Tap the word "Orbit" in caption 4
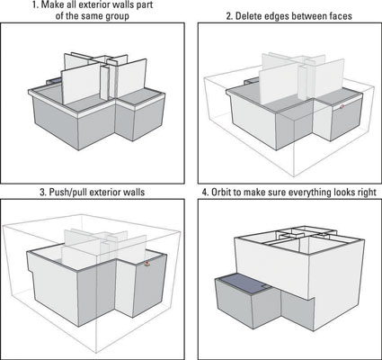222,192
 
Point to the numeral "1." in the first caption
36,5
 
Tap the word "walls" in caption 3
134,192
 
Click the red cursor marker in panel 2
342,106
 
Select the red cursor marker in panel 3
147,264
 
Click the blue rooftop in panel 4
244,283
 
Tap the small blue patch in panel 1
55,81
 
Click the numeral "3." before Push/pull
43,192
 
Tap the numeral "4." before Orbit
206,192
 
